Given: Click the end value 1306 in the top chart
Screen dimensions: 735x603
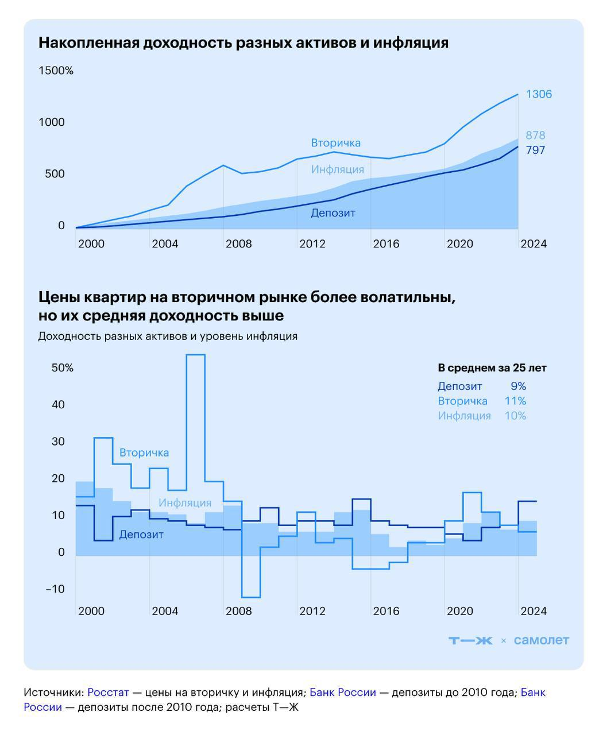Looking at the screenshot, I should tap(539, 94).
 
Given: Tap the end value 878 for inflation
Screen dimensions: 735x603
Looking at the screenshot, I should tap(535, 136).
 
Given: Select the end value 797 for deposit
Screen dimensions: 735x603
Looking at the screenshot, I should tap(535, 150).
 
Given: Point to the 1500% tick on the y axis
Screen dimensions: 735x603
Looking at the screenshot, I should tap(56, 71).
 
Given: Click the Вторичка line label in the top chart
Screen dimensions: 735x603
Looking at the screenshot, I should tap(336, 143).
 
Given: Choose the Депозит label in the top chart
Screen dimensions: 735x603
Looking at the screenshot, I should tap(333, 213).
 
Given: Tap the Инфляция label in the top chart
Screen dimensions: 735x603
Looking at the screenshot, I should tap(338, 169).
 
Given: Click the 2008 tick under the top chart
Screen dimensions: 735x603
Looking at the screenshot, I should tap(238, 244).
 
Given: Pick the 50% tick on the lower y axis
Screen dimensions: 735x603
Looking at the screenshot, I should tap(63, 368).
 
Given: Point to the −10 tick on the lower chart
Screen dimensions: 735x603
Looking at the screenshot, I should tap(56, 589).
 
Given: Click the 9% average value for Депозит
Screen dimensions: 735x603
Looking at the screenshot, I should tap(518, 386).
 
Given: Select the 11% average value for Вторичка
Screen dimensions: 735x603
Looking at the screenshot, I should tap(515, 401).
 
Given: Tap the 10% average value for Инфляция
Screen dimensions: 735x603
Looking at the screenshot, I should tap(515, 416).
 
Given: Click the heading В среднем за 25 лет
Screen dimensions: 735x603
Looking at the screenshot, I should tap(492, 369).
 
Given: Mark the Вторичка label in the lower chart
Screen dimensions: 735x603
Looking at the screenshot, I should tap(144, 453).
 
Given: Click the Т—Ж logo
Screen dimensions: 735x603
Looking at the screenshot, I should tap(470, 641).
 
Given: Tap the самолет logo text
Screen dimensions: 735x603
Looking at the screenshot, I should tap(541, 641).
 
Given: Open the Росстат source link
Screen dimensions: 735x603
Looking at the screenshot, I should tap(108, 693).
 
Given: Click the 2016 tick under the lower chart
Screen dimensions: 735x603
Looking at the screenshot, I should tap(386, 611).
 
